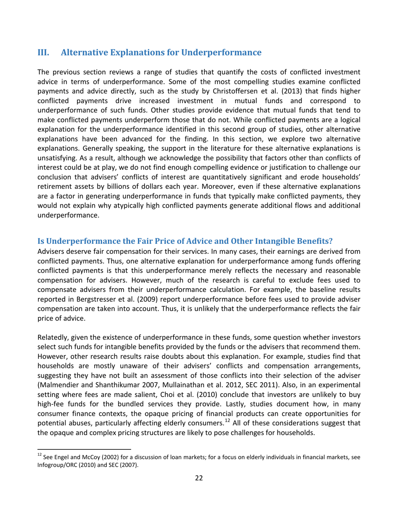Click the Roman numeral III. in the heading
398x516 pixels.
coord(44,53)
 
